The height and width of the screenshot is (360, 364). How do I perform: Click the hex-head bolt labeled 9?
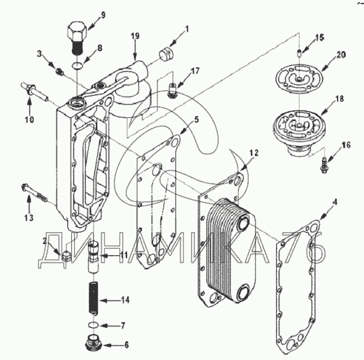tap(77, 38)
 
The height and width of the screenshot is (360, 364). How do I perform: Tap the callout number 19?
tap(135, 36)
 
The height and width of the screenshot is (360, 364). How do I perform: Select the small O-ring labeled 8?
tap(76, 66)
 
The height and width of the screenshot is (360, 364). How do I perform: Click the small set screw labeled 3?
tap(60, 72)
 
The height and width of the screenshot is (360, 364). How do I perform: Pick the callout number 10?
tap(29, 120)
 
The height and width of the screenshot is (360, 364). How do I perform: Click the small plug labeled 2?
tap(66, 256)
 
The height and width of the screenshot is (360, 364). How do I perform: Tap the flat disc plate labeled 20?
tap(299, 79)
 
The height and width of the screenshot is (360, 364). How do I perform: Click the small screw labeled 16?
tap(323, 165)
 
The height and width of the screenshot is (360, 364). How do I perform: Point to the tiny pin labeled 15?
tap(300, 52)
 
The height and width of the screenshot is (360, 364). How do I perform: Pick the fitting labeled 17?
tap(172, 90)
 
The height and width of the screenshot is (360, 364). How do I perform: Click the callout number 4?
tap(335, 202)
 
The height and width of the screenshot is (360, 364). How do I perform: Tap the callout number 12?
tap(254, 153)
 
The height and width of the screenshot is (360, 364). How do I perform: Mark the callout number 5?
tap(197, 120)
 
